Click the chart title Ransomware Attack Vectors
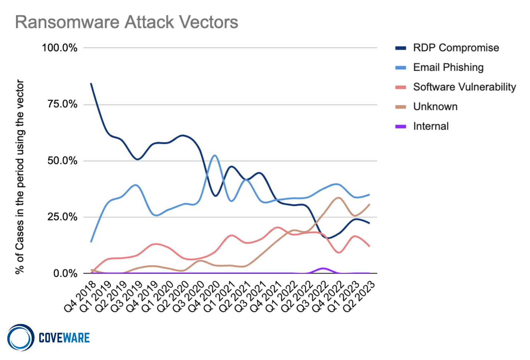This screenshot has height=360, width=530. click(127, 22)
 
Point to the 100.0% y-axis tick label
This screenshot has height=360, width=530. click(60, 48)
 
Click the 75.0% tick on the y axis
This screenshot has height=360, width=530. click(62, 104)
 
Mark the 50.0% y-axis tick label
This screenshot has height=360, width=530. click(62, 161)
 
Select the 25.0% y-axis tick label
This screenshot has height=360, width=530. click(62, 217)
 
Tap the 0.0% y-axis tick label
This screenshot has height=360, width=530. click(65, 273)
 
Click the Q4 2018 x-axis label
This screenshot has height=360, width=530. click(80, 297)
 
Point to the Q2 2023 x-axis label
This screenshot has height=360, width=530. click(359, 297)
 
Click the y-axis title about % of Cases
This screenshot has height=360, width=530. click(20, 177)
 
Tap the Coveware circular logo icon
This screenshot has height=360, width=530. click(21, 338)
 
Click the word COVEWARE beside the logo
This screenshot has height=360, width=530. click(64, 338)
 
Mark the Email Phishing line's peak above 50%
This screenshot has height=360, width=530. click(215, 155)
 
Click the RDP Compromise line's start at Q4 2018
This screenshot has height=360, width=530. click(91, 83)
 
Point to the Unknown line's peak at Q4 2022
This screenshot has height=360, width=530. click(339, 198)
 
